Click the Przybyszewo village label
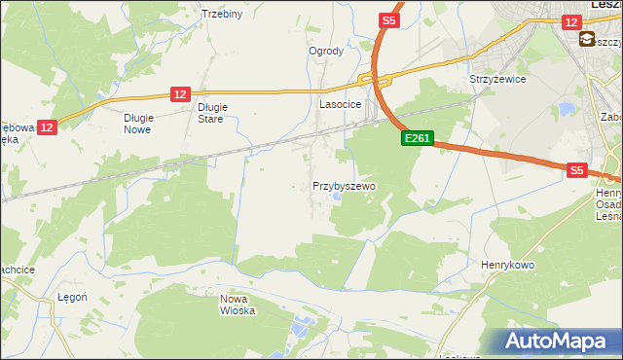coord(344,185)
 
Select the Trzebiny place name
coord(221,14)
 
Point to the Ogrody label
coord(326,52)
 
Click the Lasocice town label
coord(341,103)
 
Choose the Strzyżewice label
coord(497,80)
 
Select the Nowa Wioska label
coord(238,305)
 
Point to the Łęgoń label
coord(73,298)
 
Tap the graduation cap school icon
coord(588,40)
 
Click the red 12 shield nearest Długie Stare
coord(179,93)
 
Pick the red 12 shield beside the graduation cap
coord(571,20)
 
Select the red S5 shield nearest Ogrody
coord(389,20)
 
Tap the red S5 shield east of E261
coord(576,170)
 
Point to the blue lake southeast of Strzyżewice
coord(566,109)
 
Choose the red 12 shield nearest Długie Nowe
coord(48,126)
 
